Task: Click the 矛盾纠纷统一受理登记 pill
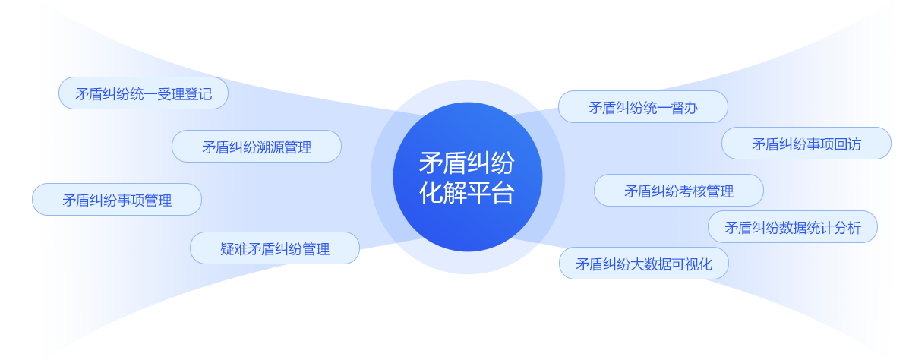(x=144, y=93)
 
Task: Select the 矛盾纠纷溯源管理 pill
(x=257, y=147)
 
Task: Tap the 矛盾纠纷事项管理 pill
(x=117, y=200)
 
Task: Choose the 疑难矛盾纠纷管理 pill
(x=275, y=248)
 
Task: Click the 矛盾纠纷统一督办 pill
(x=643, y=107)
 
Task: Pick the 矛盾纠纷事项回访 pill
(x=806, y=144)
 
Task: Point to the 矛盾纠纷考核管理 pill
(x=679, y=191)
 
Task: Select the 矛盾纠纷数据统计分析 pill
(x=793, y=227)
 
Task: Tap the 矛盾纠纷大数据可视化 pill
(x=644, y=264)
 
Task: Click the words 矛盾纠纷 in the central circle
(x=467, y=163)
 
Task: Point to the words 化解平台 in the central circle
(x=467, y=192)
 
